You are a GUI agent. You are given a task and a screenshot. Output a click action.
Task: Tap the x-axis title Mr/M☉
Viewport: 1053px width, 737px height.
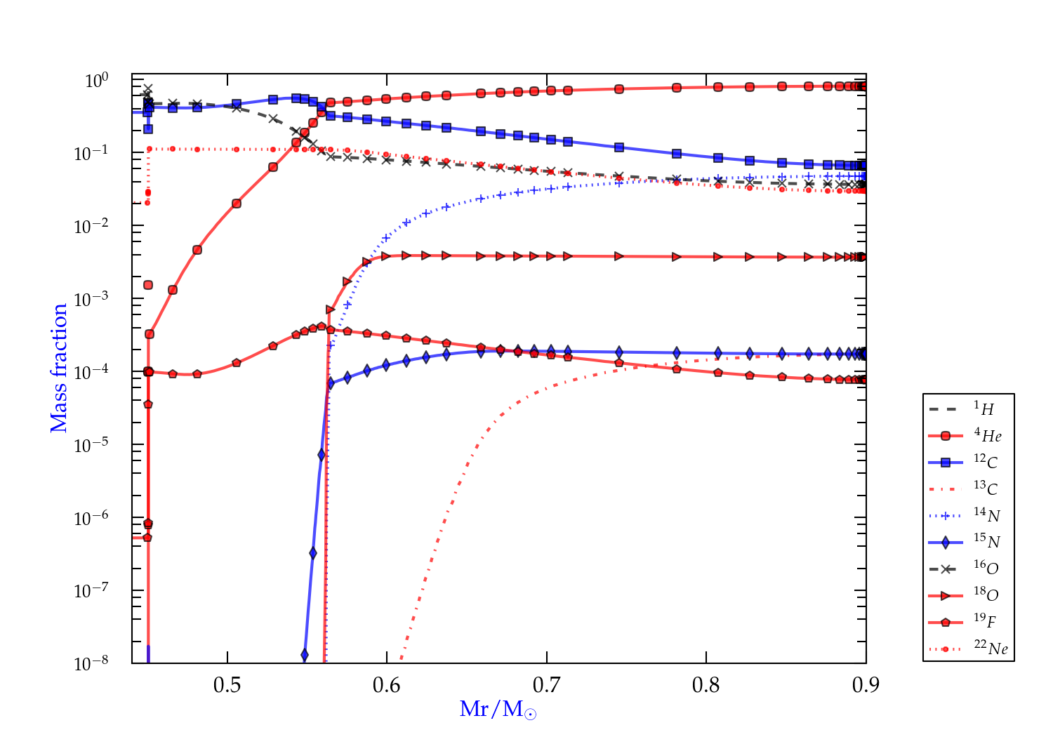[498, 710]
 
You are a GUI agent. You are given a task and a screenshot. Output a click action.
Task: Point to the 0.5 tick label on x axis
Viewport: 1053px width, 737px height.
[227, 685]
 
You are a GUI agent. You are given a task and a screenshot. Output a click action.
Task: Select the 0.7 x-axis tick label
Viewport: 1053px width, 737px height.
[546, 685]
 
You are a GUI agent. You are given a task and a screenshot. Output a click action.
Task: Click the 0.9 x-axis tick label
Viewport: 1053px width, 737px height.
[866, 685]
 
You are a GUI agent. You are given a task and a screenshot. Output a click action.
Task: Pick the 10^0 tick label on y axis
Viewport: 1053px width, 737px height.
[97, 81]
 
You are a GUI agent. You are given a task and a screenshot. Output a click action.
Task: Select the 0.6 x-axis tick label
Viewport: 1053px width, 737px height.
[387, 685]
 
